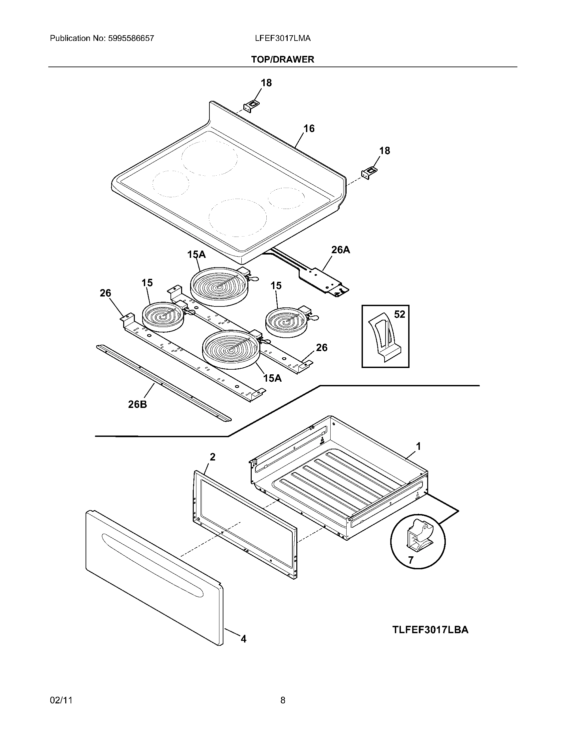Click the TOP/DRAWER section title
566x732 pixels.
283,60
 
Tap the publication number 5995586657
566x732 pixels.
131,38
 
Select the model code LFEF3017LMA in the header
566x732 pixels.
283,38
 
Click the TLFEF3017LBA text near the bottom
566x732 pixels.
430,630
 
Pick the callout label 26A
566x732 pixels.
340,250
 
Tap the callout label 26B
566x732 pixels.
138,405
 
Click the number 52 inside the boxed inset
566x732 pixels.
399,314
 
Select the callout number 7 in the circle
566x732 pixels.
411,560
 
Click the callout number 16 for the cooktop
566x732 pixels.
309,128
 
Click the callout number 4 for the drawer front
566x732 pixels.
243,639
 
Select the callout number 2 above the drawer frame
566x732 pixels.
213,457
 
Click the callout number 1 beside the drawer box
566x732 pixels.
418,446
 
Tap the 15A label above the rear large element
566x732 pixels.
196,255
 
